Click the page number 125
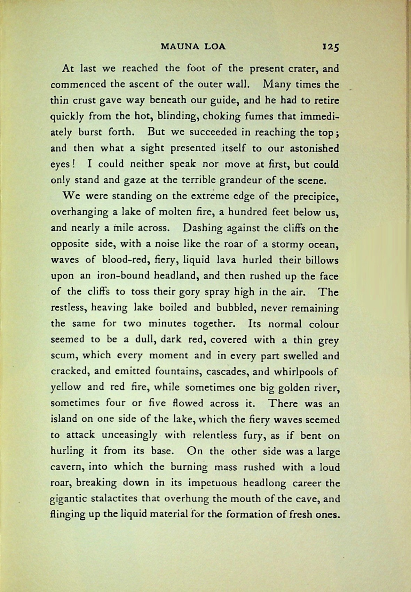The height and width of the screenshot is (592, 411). coord(330,47)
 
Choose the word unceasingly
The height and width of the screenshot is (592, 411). coord(129,435)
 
